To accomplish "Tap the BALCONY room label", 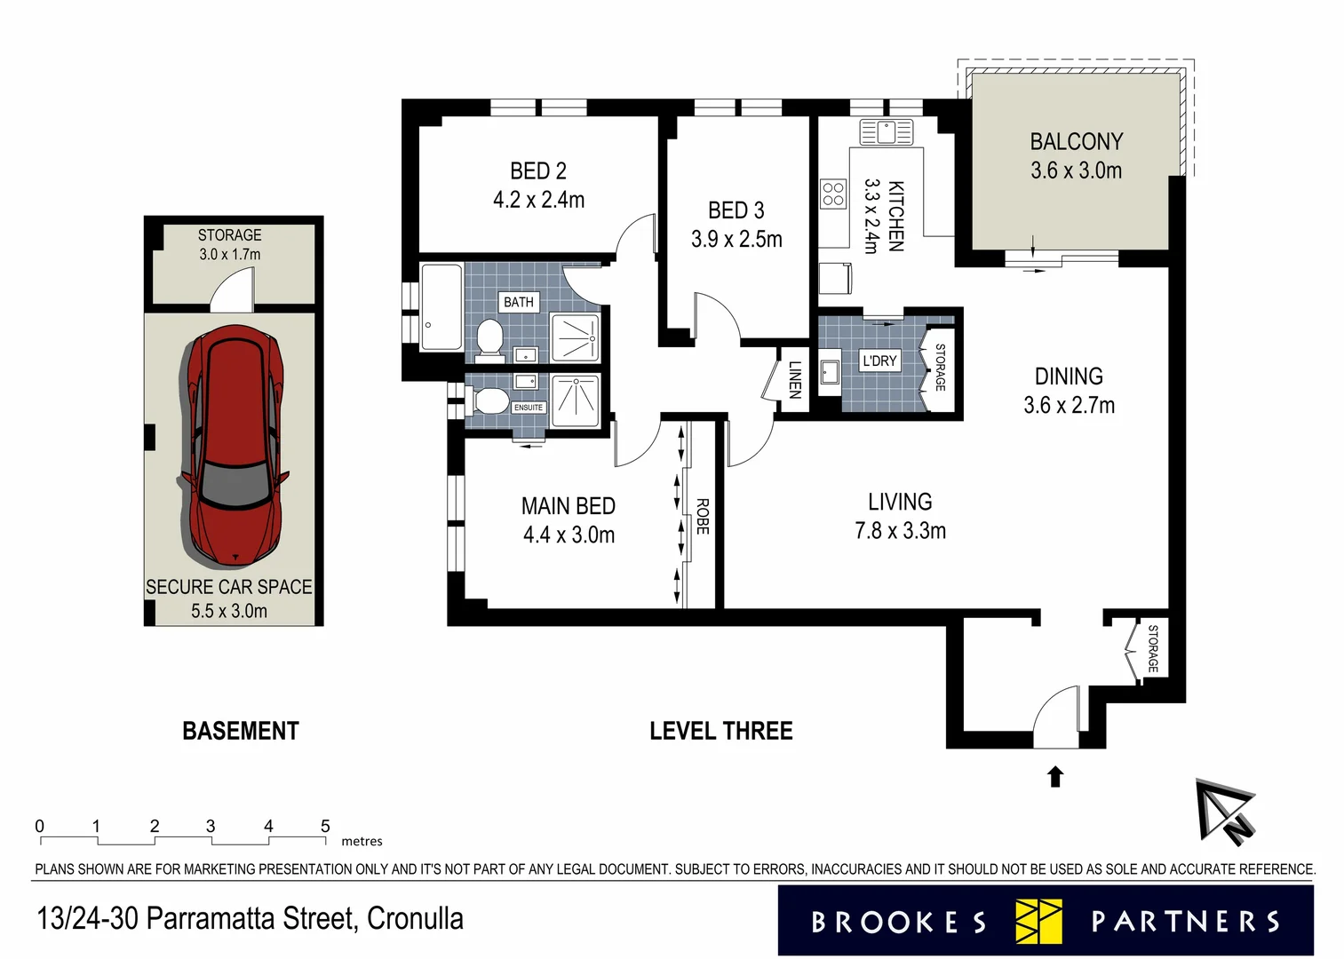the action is (1077, 141).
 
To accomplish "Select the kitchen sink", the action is (887, 132).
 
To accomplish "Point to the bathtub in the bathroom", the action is (441, 307).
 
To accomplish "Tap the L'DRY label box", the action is (879, 361).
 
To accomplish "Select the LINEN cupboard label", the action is (794, 380).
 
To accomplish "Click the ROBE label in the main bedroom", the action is (702, 517).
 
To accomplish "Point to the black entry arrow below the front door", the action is (1055, 777).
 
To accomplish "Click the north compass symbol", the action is (1225, 812).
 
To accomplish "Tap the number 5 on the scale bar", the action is (325, 826).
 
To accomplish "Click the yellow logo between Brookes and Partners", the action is (1038, 921).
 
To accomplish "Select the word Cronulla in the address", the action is (415, 918).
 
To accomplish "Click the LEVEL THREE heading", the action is (721, 731).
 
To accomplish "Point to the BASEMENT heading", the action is (241, 731).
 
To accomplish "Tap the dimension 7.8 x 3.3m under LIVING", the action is (900, 531).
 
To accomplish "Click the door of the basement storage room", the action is (232, 289).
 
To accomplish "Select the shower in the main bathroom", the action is (575, 337).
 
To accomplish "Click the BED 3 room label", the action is (736, 210).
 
